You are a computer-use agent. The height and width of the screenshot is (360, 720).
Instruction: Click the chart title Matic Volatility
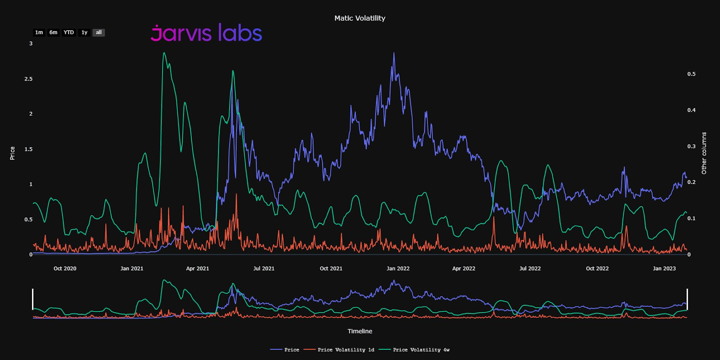[x=360, y=18]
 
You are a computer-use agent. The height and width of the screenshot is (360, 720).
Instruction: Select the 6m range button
[x=54, y=32]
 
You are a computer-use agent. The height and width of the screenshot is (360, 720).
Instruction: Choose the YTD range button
[x=68, y=32]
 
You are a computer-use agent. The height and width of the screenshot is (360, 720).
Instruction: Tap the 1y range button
[x=84, y=32]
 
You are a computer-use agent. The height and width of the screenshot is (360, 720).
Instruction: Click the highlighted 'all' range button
[x=99, y=32]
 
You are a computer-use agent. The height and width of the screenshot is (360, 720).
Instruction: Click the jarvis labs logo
[x=206, y=33]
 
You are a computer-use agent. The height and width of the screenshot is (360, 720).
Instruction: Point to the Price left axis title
[x=13, y=153]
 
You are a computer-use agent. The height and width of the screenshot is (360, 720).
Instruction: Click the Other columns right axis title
[x=704, y=153]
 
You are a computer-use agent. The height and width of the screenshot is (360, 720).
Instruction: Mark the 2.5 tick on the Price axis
[x=28, y=79]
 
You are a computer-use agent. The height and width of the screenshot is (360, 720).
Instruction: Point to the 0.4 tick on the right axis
[x=691, y=110]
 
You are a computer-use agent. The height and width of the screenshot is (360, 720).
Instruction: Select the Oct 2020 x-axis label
[x=65, y=269]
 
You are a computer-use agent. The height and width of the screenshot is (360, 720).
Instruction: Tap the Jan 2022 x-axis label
[x=398, y=269]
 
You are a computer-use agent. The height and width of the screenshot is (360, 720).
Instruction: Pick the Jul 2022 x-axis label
[x=530, y=269]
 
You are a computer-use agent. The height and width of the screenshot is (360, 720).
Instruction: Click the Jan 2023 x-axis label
[x=664, y=269]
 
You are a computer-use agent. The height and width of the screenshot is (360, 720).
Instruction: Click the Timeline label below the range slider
[x=360, y=331]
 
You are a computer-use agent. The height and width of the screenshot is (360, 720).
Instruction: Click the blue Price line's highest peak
[x=394, y=54]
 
